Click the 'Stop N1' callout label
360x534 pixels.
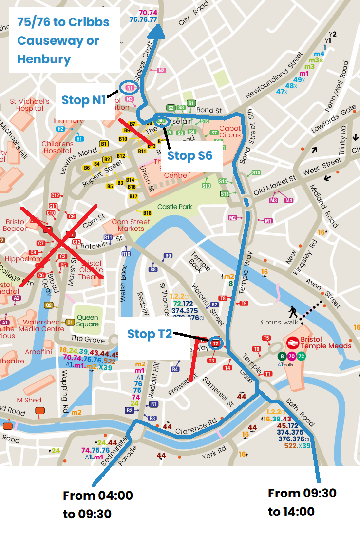84,100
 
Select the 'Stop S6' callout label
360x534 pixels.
189,156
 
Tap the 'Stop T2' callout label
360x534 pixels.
150,334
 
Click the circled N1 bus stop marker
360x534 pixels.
130,88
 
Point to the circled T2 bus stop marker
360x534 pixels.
215,343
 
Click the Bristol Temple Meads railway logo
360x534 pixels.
292,343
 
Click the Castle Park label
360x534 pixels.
174,207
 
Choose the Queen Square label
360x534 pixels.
88,320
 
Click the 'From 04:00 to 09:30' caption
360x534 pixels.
97,505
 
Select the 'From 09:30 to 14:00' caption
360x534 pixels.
302,502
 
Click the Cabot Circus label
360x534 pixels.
230,132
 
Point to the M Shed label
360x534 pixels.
29,400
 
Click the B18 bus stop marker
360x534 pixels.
148,213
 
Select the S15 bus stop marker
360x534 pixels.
256,173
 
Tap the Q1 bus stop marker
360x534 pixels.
70,322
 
